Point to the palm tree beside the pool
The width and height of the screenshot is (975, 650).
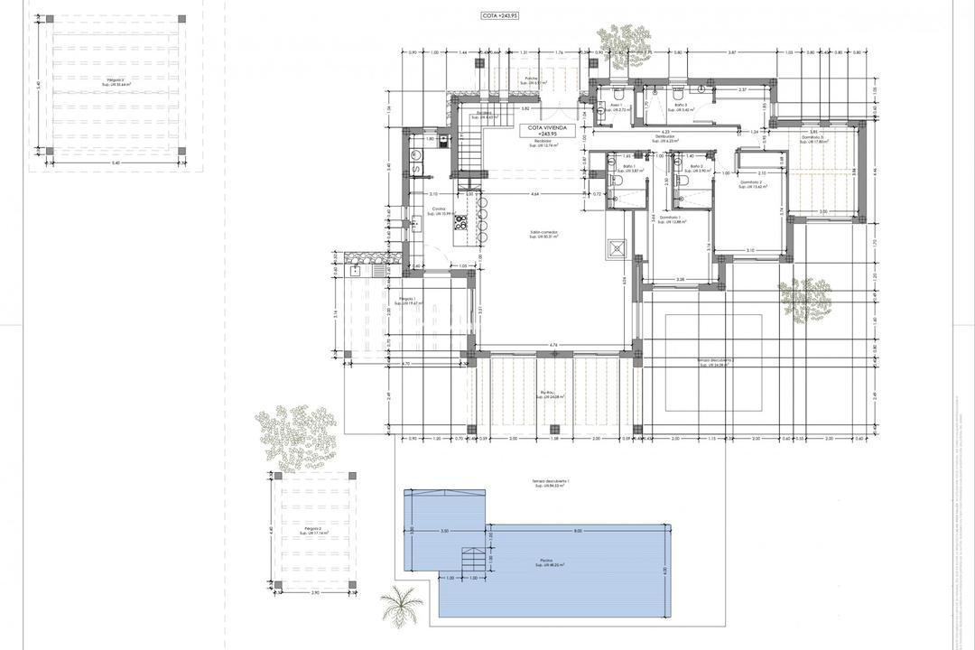point(400,608)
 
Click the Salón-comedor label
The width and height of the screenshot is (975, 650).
point(544,233)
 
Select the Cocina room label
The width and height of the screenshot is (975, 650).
point(439,210)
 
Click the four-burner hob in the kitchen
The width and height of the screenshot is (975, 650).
point(460,222)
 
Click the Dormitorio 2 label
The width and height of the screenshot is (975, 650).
point(752,184)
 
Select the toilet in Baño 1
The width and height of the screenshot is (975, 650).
point(614,181)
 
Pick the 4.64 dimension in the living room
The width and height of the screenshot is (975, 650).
point(534,194)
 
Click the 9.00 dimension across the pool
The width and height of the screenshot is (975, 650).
point(578,531)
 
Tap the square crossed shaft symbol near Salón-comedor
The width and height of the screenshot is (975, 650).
point(617,248)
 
